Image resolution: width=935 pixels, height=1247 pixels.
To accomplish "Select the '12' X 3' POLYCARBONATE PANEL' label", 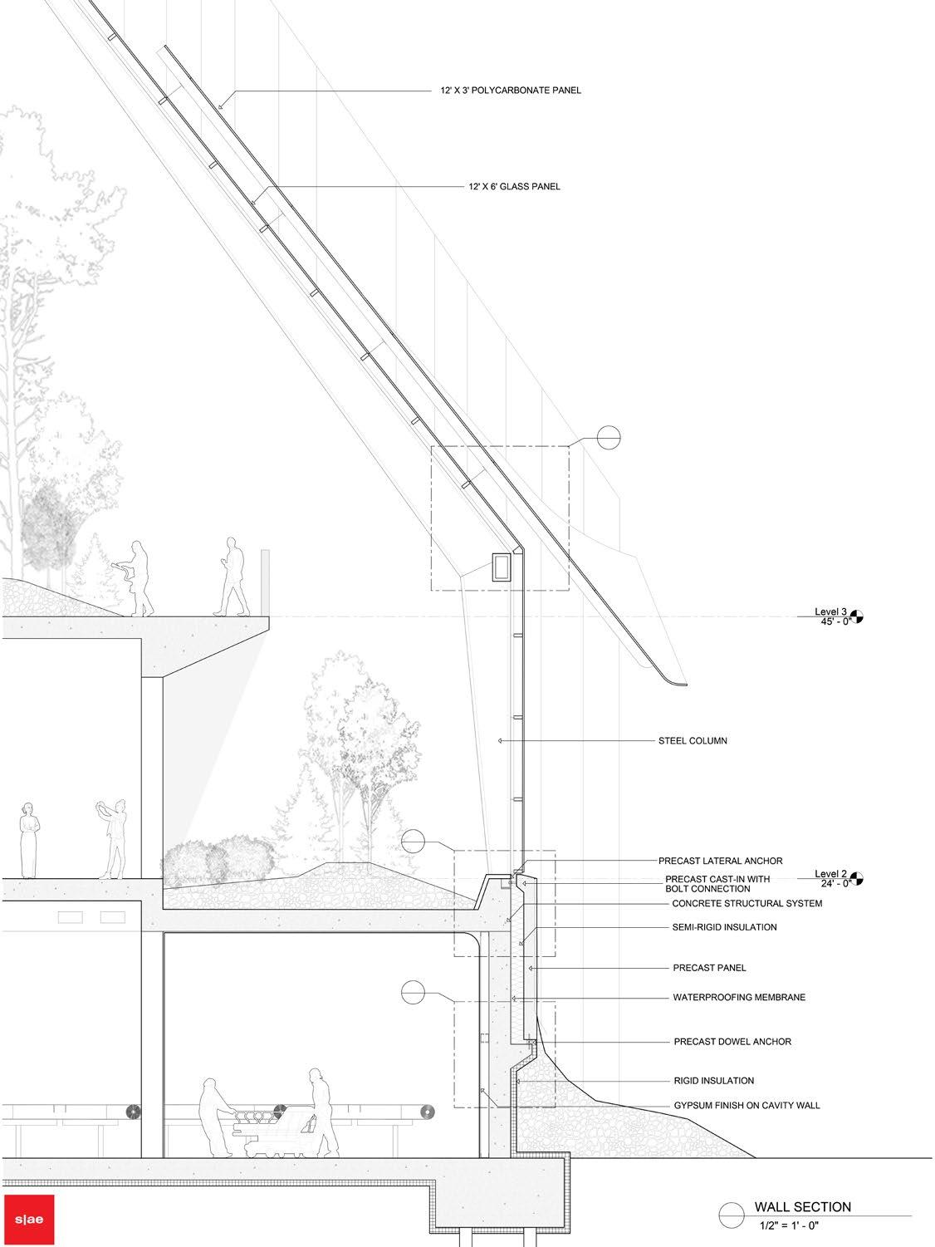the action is click(x=511, y=91).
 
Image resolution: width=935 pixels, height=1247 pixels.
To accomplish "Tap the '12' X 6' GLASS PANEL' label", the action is click(x=513, y=187).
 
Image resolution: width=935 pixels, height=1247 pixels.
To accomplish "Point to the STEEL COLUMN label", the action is click(x=692, y=740).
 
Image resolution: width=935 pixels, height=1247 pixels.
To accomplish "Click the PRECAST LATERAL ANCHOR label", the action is click(x=720, y=861).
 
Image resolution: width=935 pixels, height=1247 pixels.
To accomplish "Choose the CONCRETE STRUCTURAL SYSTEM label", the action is click(x=747, y=903).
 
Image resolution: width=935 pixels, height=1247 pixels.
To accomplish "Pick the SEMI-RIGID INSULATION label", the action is click(x=724, y=927).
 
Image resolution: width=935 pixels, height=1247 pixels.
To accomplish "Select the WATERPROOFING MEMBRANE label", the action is click(x=738, y=997).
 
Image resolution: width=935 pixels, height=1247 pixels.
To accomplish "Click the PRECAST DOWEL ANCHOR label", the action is click(x=732, y=1041).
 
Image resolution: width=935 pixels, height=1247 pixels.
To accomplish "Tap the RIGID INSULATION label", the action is click(x=713, y=1081).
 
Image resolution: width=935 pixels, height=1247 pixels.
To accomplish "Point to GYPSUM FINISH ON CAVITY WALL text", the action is click(x=746, y=1106).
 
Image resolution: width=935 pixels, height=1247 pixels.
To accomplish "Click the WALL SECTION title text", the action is click(x=802, y=1207).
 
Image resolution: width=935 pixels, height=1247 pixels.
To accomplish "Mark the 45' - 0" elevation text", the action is click(x=833, y=621).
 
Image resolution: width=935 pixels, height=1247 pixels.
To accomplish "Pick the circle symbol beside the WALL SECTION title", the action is click(x=731, y=1215).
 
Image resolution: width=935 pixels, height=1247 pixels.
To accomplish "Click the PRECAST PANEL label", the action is click(x=708, y=968).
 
